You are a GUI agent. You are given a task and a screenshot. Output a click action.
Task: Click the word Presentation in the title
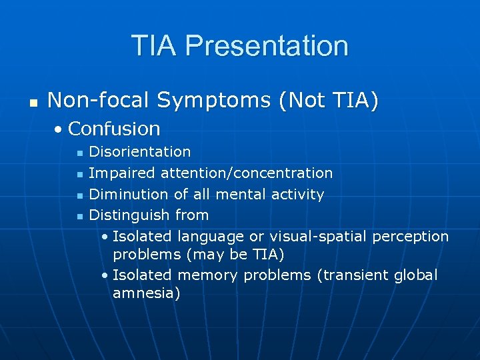(267, 46)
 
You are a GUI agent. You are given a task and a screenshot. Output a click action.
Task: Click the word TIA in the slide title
(155, 46)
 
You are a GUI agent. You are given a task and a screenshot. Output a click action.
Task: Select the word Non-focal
(99, 101)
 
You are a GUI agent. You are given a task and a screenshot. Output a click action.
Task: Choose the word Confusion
(114, 128)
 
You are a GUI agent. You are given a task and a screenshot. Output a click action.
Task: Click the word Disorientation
(140, 153)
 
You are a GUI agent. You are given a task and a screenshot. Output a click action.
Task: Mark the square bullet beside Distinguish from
(79, 216)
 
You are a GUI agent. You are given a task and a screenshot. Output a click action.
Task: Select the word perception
(411, 236)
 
